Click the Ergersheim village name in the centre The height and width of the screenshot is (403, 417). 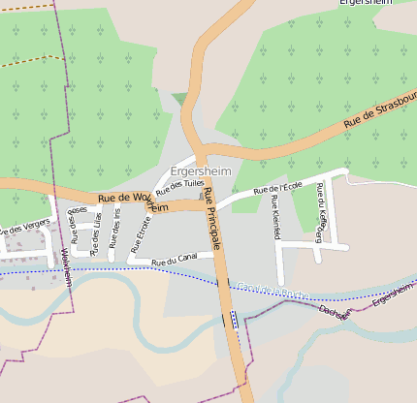200,171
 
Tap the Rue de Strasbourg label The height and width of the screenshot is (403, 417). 380,109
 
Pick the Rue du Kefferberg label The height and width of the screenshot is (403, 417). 321,210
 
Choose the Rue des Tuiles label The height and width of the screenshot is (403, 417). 179,187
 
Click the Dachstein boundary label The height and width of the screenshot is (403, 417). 334,313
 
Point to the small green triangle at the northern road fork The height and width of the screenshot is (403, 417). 178,98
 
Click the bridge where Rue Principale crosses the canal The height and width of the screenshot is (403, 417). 232,320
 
